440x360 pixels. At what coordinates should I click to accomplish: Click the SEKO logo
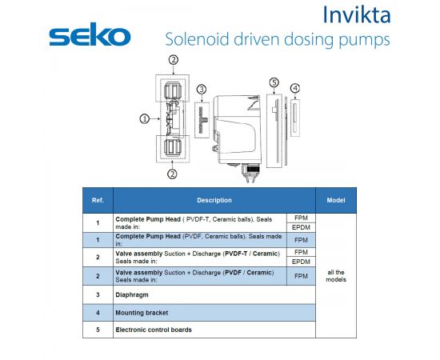tap(90, 34)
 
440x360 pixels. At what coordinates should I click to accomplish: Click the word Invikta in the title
tap(356, 14)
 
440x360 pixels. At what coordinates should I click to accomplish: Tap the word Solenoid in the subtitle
tap(198, 39)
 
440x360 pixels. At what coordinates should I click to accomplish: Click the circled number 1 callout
tap(145, 119)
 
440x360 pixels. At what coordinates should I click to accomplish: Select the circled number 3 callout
tap(202, 90)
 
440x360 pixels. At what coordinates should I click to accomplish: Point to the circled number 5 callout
tap(274, 82)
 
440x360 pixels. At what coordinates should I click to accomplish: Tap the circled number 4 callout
tap(295, 88)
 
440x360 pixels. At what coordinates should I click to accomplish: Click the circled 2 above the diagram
tap(174, 60)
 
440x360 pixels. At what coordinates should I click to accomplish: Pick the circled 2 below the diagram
tap(172, 174)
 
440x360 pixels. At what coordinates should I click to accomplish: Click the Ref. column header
tap(98, 200)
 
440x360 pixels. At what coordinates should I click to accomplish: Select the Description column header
tap(214, 200)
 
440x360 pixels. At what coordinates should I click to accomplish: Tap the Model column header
tap(336, 200)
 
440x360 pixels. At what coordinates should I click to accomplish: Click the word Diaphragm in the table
tap(132, 295)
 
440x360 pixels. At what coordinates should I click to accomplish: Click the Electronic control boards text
tap(154, 330)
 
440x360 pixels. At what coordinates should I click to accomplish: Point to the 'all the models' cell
tap(336, 276)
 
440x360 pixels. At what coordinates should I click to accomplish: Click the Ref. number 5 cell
tap(98, 330)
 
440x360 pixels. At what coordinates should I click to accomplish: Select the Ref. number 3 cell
tap(98, 295)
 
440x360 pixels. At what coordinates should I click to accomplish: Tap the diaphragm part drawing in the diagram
tap(202, 120)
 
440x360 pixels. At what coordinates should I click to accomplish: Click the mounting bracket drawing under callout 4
tap(295, 118)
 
